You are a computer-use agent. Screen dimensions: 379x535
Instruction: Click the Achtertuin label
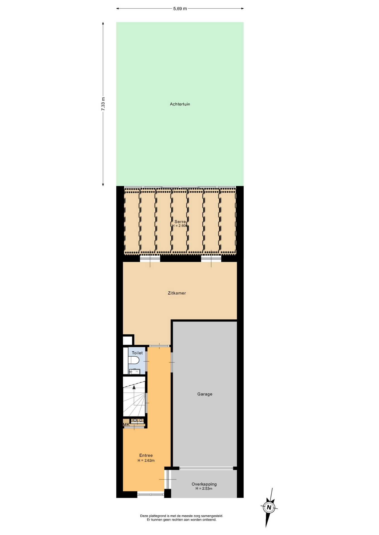click(x=180, y=104)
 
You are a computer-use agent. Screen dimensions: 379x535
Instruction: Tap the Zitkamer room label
click(x=177, y=293)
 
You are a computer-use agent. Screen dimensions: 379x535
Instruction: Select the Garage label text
click(x=205, y=394)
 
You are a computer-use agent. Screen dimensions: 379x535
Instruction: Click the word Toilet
click(x=137, y=353)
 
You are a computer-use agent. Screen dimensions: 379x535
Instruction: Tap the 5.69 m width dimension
click(x=180, y=9)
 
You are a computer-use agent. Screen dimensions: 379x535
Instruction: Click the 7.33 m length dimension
click(x=103, y=104)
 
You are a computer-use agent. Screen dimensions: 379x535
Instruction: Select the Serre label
click(x=180, y=222)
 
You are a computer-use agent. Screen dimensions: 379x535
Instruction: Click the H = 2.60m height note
click(x=180, y=226)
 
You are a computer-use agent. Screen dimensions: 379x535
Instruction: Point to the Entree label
click(x=146, y=455)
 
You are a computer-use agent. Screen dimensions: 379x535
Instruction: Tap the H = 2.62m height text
click(x=146, y=460)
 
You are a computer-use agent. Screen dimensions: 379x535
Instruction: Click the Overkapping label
click(x=204, y=484)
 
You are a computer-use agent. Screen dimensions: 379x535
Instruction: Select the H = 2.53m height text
click(x=204, y=488)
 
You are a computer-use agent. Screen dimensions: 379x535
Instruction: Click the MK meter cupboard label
click(x=126, y=425)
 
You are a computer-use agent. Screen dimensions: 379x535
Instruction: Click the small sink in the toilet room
click(x=135, y=371)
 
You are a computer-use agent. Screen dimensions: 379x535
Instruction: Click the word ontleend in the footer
click(x=210, y=519)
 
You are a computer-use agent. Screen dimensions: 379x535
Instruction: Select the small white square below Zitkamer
click(x=128, y=341)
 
